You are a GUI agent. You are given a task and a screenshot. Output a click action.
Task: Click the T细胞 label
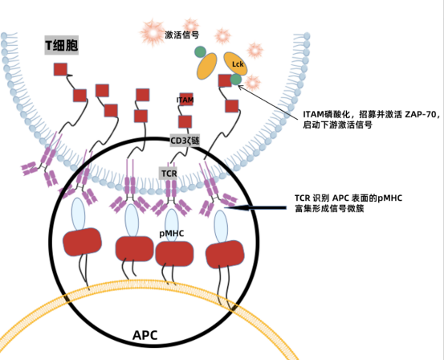click(62, 45)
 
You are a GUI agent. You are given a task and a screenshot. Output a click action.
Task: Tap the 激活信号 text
click(182, 35)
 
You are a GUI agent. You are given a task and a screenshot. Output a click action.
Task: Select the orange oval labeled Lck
click(235, 63)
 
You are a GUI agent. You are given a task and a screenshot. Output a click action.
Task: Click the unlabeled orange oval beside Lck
click(207, 66)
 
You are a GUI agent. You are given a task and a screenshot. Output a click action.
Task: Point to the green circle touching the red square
click(235, 80)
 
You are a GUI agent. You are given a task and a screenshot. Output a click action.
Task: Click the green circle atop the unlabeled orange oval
click(200, 52)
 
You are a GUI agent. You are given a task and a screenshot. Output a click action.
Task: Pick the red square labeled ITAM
click(186, 99)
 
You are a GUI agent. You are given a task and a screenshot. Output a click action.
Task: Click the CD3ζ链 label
click(185, 141)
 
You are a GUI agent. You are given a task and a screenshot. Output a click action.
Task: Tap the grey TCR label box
click(169, 173)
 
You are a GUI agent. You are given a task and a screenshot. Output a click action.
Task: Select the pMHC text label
click(172, 234)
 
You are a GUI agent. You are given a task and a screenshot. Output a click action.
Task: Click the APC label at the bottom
click(145, 335)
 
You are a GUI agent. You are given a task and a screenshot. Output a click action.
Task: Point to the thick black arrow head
click(237, 208)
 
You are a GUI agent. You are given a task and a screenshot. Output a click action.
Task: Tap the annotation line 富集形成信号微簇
click(329, 209)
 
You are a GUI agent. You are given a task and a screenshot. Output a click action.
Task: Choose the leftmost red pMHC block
click(82, 242)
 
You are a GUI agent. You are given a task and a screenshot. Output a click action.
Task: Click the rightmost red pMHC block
click(225, 254)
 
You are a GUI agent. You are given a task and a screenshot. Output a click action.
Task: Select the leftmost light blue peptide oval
click(78, 214)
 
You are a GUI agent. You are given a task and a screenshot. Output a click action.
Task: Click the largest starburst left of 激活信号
click(153, 33)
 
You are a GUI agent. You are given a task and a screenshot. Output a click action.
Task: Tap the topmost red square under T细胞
click(60, 69)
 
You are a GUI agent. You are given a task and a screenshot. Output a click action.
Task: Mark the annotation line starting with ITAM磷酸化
click(371, 115)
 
